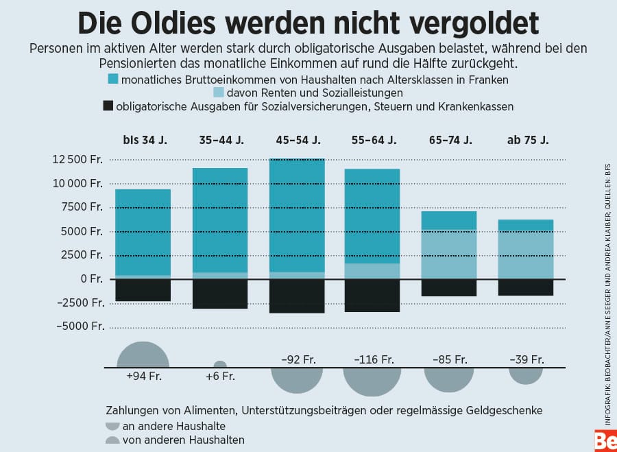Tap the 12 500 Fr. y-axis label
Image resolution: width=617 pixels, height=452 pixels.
pyautogui.click(x=77, y=160)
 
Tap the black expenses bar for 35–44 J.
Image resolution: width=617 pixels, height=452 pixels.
pyautogui.click(x=220, y=294)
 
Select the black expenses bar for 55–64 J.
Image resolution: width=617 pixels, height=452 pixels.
pyautogui.click(x=372, y=296)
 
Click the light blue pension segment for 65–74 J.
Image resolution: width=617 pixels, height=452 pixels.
pyautogui.click(x=449, y=254)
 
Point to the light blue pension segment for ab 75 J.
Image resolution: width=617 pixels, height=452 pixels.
pyautogui.click(x=526, y=255)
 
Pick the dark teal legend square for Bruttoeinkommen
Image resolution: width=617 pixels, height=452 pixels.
pyautogui.click(x=114, y=80)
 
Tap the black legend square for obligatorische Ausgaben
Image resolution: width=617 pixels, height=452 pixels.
pyautogui.click(x=108, y=106)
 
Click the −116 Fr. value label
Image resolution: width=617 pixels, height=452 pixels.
pyautogui.click(x=374, y=359)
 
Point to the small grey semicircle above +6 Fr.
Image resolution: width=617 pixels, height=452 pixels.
pyautogui.click(x=220, y=365)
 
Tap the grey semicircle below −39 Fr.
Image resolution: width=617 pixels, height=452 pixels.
pyautogui.click(x=526, y=375)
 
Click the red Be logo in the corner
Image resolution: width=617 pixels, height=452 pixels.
pyautogui.click(x=605, y=441)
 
